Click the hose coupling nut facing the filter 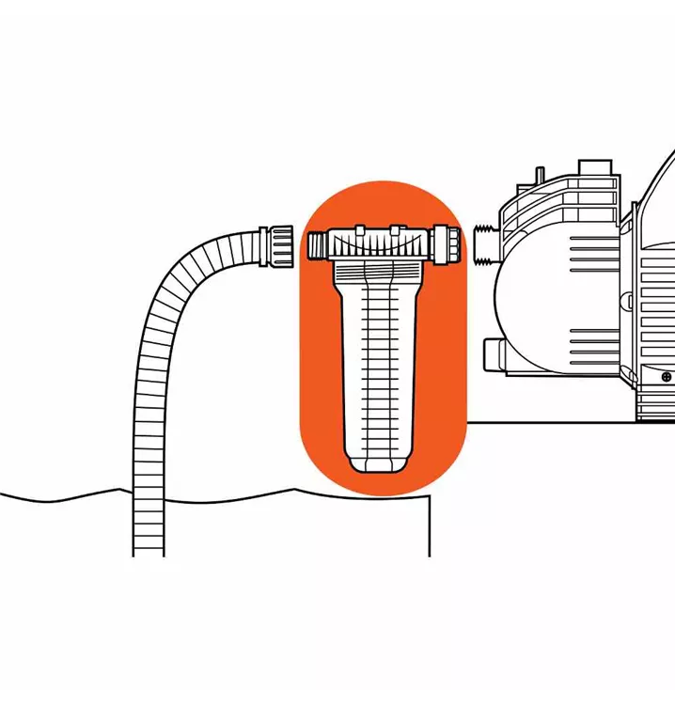point(278,246)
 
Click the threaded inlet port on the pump point(485,242)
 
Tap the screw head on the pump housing point(666,377)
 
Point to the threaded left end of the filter point(316,247)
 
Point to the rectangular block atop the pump point(594,169)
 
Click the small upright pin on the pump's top point(541,178)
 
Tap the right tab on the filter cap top point(397,228)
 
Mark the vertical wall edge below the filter point(430,526)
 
